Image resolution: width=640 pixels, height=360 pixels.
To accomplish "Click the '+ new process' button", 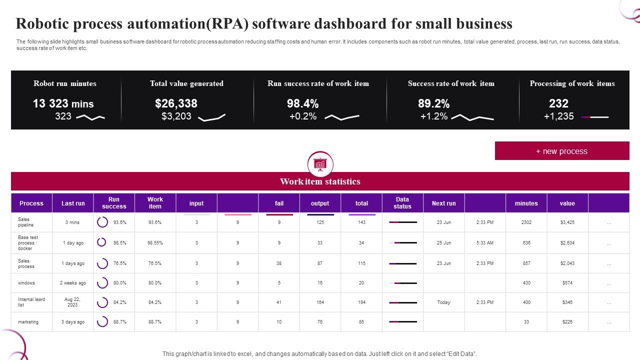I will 561,151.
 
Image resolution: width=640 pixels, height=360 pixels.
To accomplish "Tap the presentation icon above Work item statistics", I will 320,164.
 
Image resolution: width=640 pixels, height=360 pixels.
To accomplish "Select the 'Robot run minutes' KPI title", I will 65,83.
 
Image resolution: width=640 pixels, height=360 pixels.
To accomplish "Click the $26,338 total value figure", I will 176,103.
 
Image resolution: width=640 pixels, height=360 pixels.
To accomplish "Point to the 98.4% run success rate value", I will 302,103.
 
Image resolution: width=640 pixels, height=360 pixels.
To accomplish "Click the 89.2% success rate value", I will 433,103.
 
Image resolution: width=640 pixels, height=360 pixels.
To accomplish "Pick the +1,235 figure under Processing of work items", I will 558,116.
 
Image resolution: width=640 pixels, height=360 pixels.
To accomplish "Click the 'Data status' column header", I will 402,203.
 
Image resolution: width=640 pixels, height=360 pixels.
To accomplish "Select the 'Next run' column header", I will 443,203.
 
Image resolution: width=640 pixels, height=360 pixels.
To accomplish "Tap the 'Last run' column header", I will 73,203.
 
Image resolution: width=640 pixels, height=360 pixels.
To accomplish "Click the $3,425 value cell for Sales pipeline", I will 567,222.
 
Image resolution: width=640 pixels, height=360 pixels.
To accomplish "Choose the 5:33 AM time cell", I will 484,243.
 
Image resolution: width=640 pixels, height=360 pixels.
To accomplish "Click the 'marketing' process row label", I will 28,322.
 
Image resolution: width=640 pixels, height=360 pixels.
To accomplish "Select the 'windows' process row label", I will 26,283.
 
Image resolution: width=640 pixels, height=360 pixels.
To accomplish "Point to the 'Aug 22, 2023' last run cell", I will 72,302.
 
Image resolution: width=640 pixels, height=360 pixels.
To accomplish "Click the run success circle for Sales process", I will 102,263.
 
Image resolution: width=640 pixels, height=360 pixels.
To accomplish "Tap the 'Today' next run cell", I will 443,302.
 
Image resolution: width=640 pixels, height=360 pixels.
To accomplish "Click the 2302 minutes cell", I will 526,222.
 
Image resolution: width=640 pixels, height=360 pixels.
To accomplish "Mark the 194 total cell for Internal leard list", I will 361,302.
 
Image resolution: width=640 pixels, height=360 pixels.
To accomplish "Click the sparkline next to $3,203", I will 212,117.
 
